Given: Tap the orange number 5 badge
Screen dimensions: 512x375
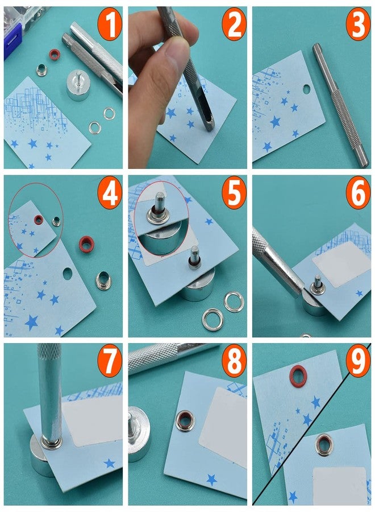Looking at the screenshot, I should coord(233,194).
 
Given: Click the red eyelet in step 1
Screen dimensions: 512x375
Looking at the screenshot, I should coord(55,55).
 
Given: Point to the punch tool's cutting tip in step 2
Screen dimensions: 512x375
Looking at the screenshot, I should coord(207,123).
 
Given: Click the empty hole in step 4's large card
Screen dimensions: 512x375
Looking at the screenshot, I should coord(68,274).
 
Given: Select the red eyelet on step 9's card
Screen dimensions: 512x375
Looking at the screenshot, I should coord(298,375).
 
